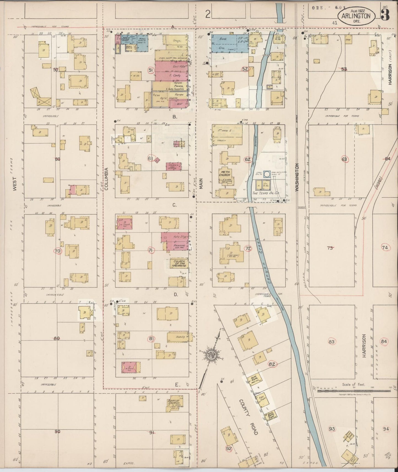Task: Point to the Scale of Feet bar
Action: (354, 390)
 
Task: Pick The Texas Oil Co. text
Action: (266, 193)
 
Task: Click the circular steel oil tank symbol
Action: (267, 174)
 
